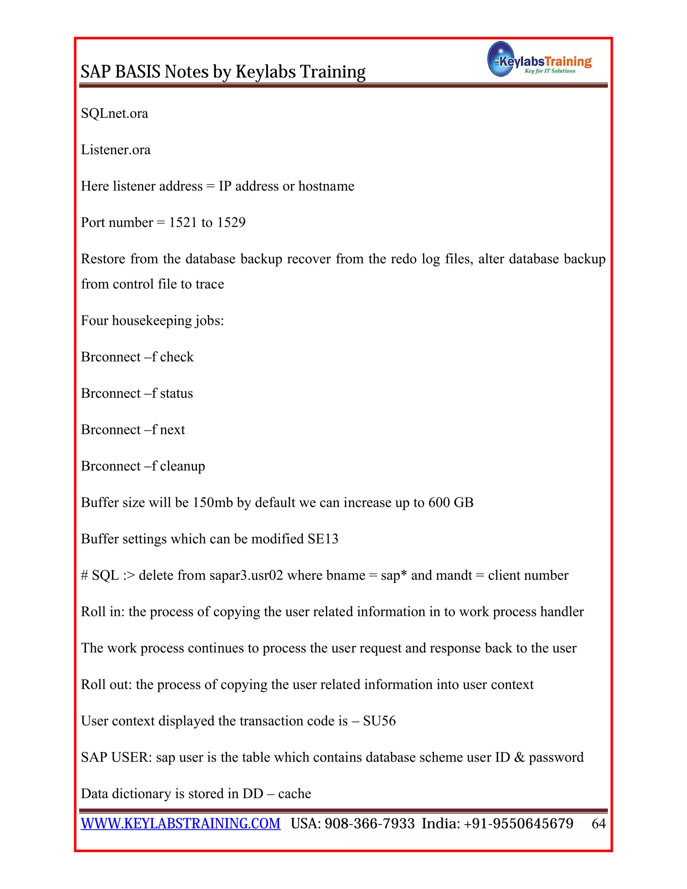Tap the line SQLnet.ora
click(114, 114)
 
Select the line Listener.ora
click(116, 150)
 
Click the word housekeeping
click(152, 321)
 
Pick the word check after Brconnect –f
click(177, 357)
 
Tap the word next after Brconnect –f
click(172, 430)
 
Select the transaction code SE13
click(323, 539)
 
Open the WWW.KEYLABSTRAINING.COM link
click(181, 824)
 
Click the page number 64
click(598, 824)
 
